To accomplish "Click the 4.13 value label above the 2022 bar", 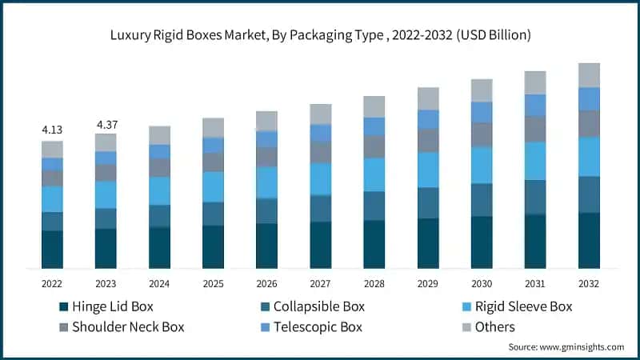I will pyautogui.click(x=52, y=129).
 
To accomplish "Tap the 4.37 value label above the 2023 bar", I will pyautogui.click(x=106, y=124).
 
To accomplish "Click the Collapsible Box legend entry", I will pyautogui.click(x=309, y=306).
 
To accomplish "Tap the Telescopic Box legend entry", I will pyautogui.click(x=309, y=326).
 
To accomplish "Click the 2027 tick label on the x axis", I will pyautogui.click(x=320, y=283).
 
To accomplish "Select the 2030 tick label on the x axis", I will pyautogui.click(x=482, y=283).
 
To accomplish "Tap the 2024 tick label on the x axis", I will pyautogui.click(x=159, y=283).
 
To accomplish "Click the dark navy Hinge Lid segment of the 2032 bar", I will pyautogui.click(x=589, y=240).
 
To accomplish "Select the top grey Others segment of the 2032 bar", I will pyautogui.click(x=589, y=74).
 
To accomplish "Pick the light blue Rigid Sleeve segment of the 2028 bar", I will pyautogui.click(x=374, y=174).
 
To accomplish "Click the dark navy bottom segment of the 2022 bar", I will pyautogui.click(x=52, y=249).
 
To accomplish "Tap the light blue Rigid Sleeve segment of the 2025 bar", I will pyautogui.click(x=213, y=186).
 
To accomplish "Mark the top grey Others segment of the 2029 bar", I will pyautogui.click(x=428, y=98).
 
